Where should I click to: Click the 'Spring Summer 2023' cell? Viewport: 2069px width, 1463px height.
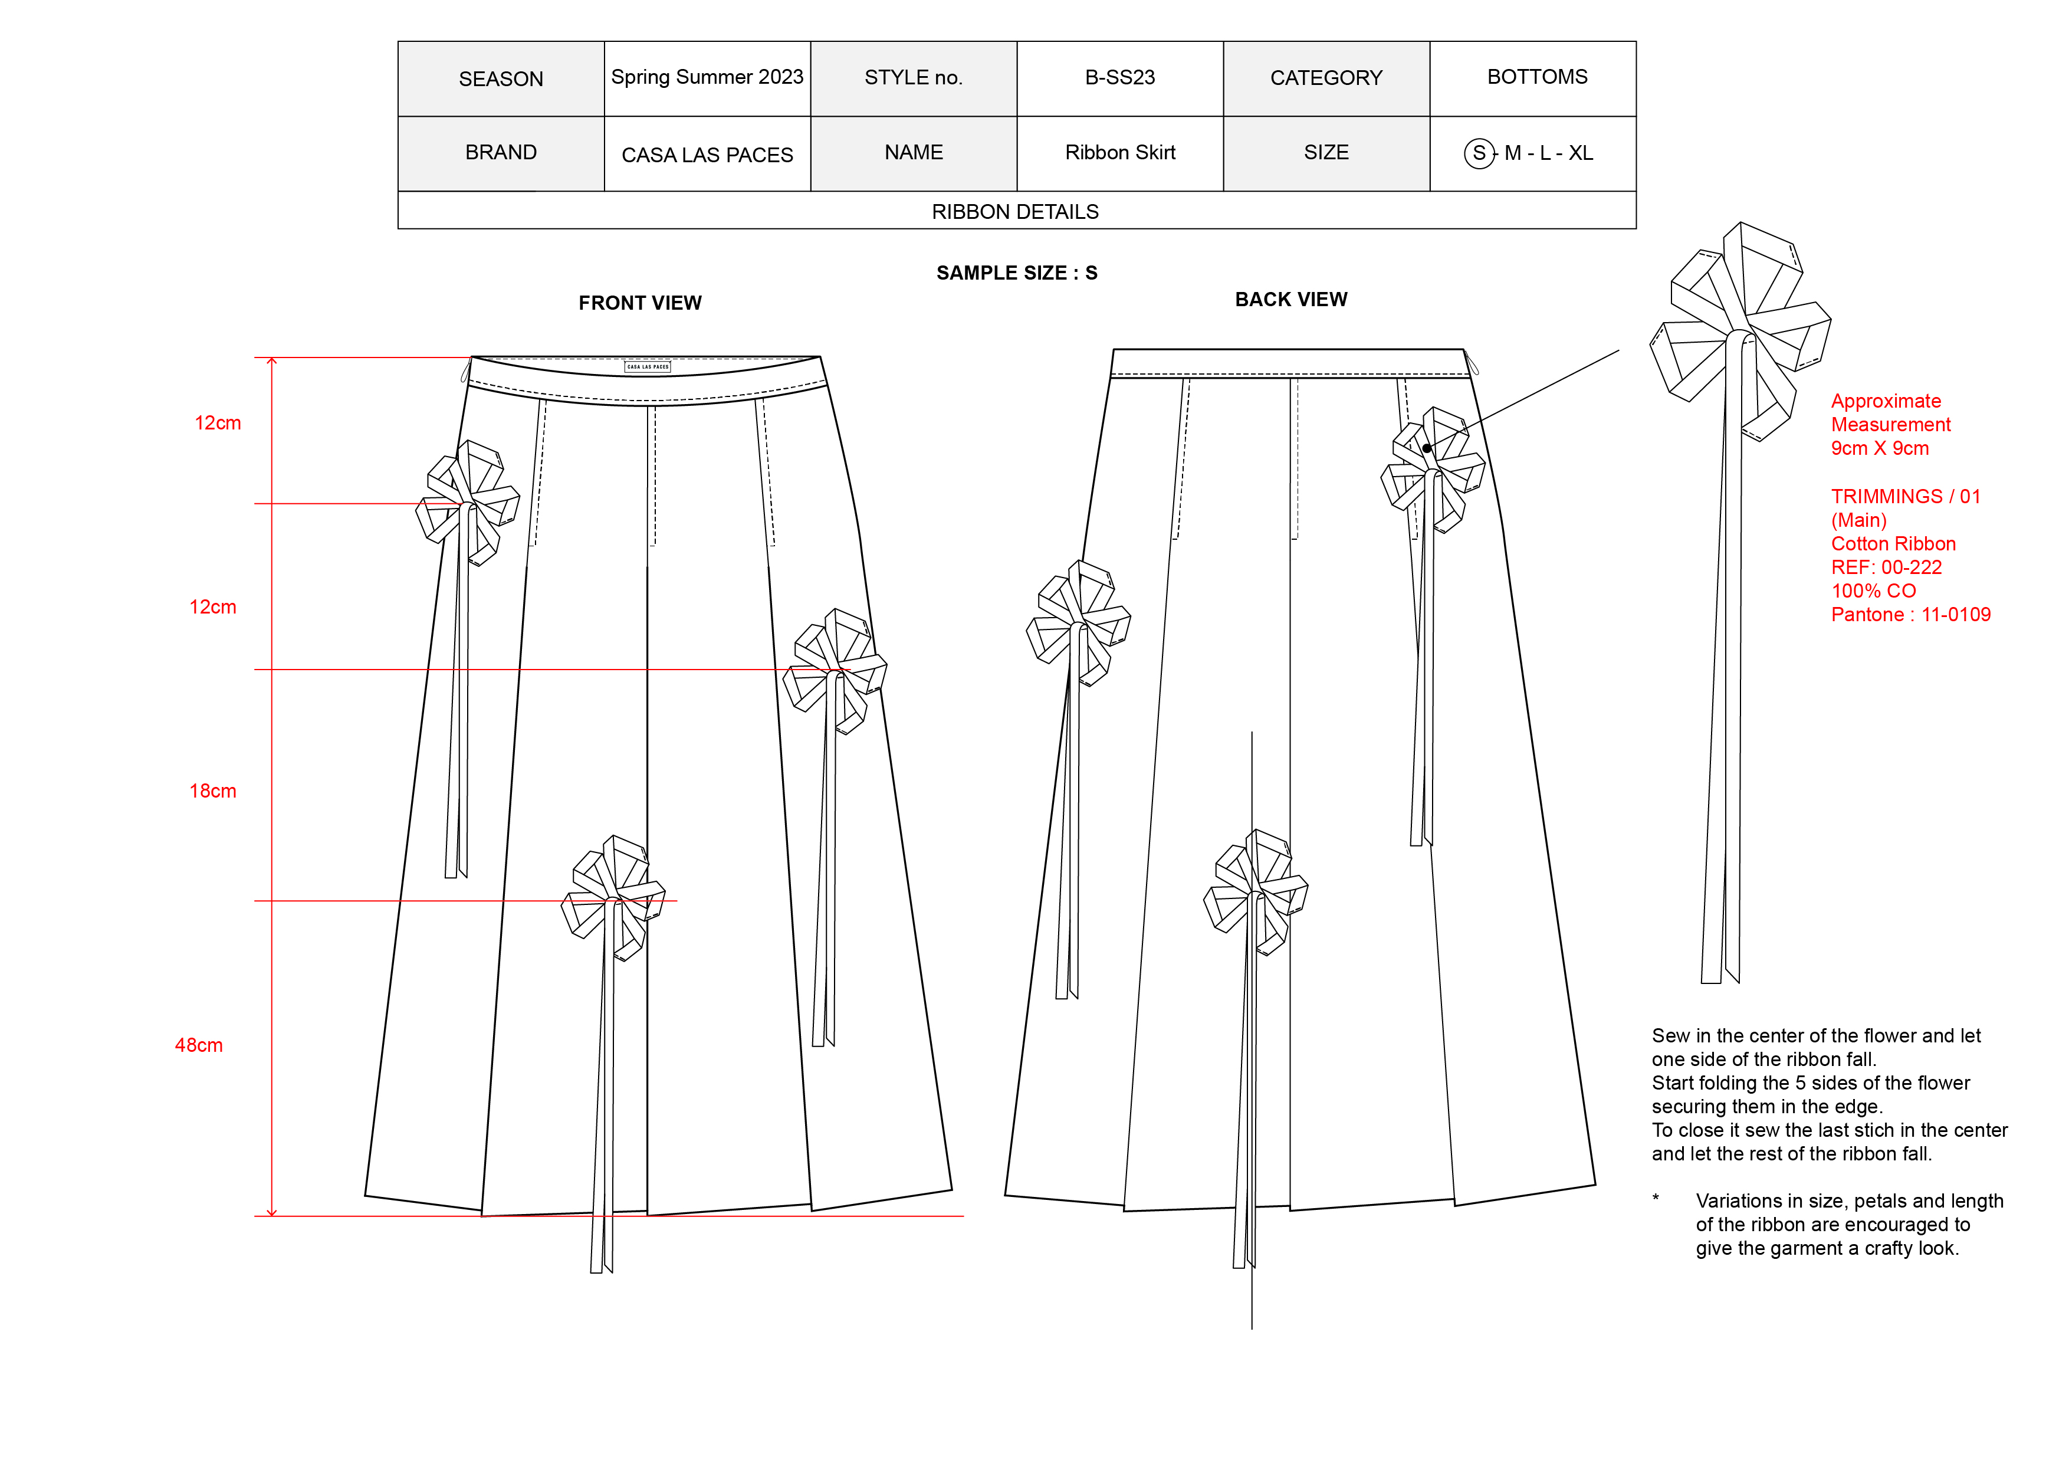707,77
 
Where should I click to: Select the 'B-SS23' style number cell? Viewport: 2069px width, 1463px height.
1119,77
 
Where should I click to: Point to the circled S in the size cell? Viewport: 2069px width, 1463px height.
1478,153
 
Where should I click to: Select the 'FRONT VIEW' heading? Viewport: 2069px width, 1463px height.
640,303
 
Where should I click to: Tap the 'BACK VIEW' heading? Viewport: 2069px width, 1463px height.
1290,299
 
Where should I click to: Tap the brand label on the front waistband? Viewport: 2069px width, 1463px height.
648,367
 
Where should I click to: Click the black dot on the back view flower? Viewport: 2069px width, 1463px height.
1427,448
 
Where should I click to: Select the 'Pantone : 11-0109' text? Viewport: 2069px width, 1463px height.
1910,615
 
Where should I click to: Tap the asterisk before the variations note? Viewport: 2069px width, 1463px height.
1656,1198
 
